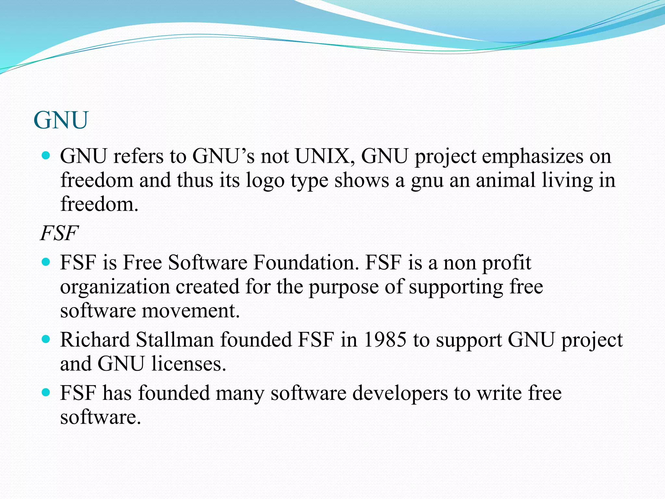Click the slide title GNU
point(61,120)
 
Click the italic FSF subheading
point(59,233)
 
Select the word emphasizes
point(532,156)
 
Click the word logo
point(265,181)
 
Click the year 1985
point(385,340)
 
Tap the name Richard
point(95,340)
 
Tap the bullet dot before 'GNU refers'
point(46,156)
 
